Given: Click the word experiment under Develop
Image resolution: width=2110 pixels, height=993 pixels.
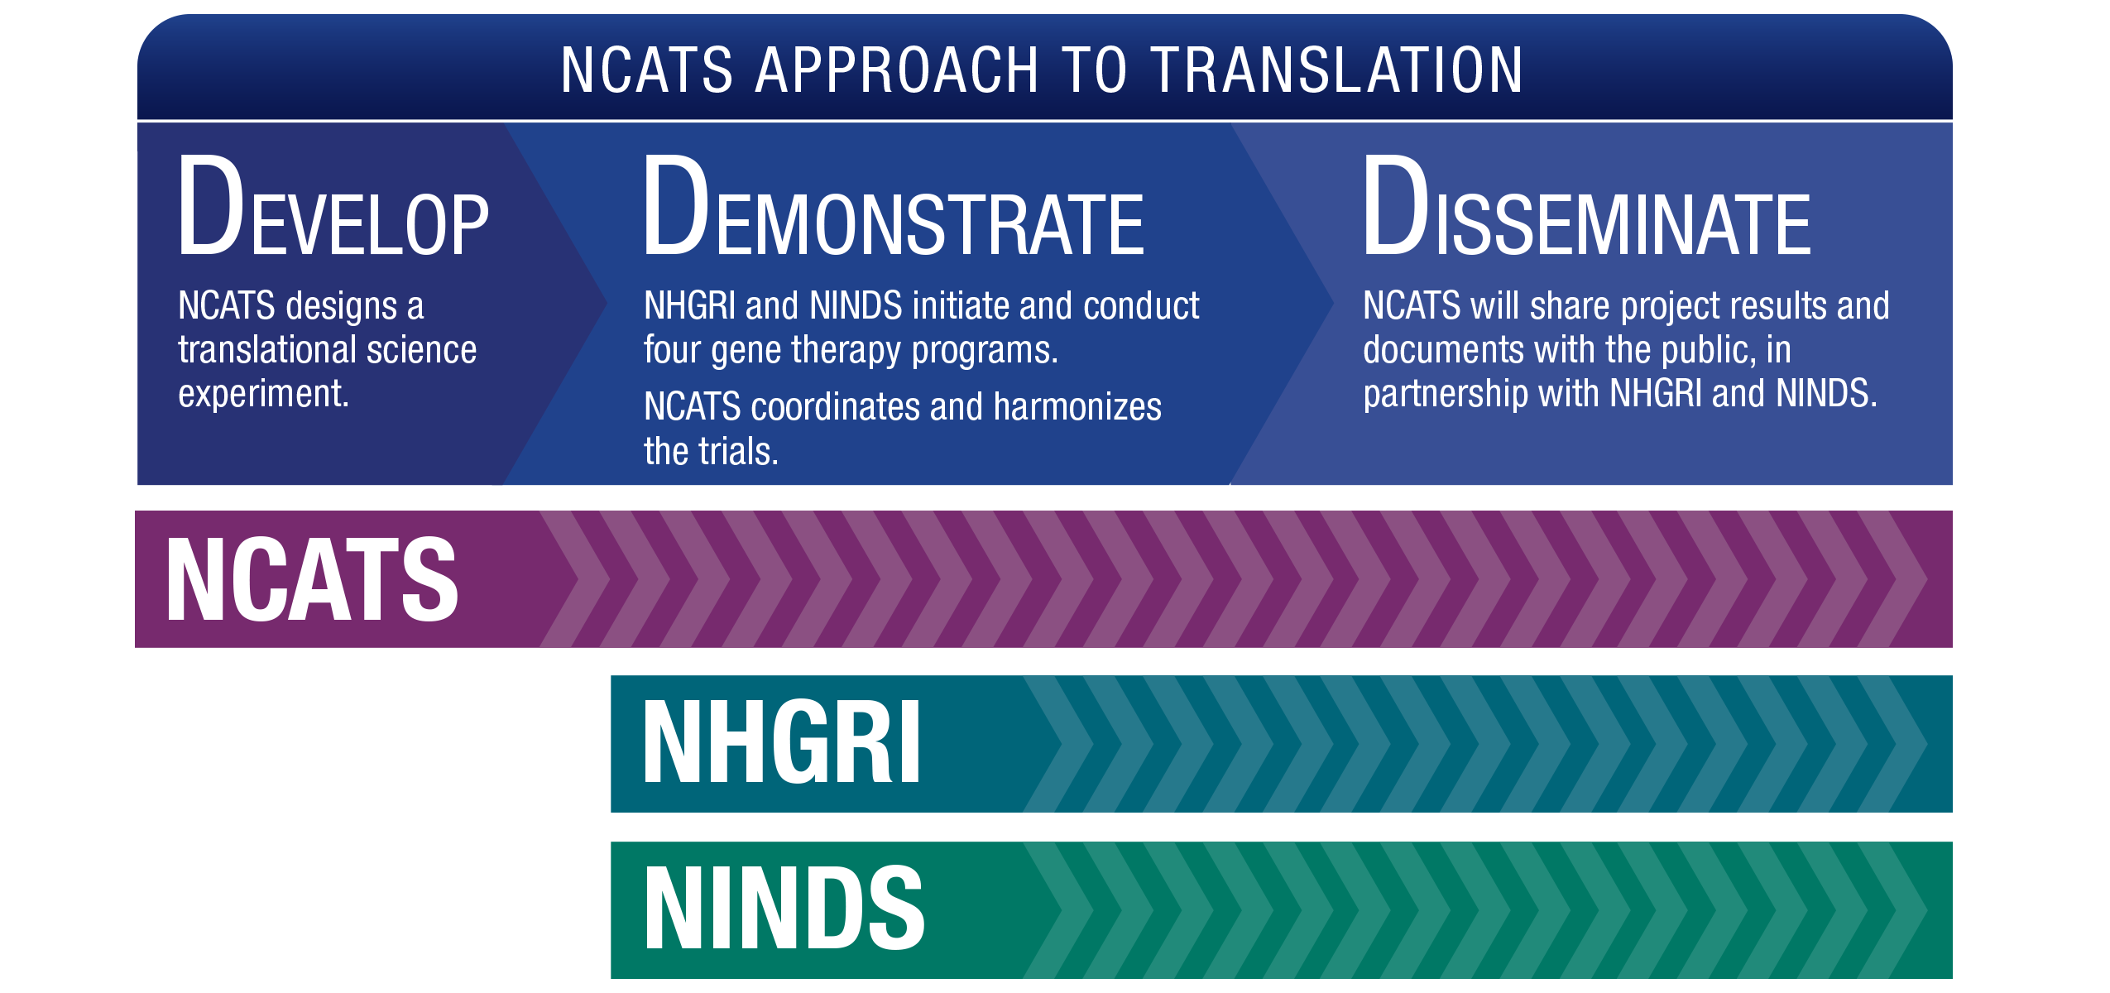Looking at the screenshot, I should pyautogui.click(x=263, y=395).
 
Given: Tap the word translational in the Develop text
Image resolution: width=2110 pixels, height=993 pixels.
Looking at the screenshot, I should pyautogui.click(x=266, y=350).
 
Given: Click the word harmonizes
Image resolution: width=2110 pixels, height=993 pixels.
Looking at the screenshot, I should pyautogui.click(x=1077, y=407).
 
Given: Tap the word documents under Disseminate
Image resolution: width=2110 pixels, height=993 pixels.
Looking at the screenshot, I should pyautogui.click(x=1443, y=350).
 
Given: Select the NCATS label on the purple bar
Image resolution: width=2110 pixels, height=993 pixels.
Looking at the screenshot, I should pyautogui.click(x=312, y=578).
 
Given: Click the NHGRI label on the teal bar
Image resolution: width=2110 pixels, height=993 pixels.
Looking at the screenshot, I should pyautogui.click(x=781, y=742).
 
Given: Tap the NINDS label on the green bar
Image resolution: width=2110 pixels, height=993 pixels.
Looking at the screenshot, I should pyautogui.click(x=784, y=908).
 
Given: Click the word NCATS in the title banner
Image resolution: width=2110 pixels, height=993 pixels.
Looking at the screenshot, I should pyautogui.click(x=646, y=70).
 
